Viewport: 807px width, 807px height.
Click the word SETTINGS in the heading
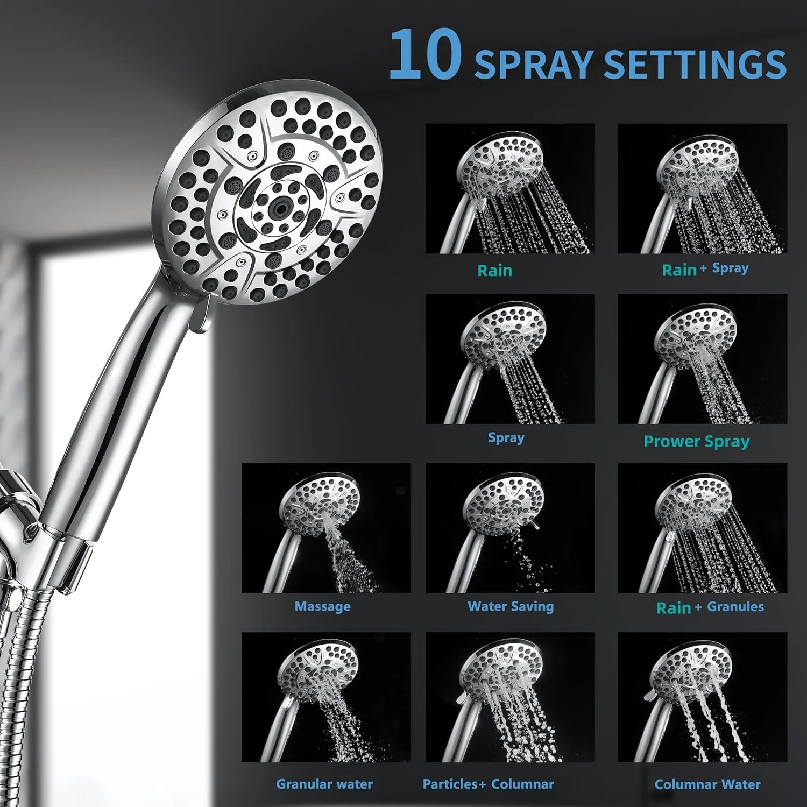pyautogui.click(x=695, y=65)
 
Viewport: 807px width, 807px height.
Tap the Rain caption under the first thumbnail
pyautogui.click(x=494, y=270)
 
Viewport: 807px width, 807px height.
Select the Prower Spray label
pyautogui.click(x=696, y=442)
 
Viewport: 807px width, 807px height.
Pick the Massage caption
pyautogui.click(x=322, y=606)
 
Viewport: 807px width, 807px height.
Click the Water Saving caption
pyautogui.click(x=511, y=606)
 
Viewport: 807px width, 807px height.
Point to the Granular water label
pyautogui.click(x=324, y=784)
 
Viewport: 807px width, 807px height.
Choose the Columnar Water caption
pyautogui.click(x=707, y=784)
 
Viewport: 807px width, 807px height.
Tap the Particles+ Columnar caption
pyautogui.click(x=488, y=784)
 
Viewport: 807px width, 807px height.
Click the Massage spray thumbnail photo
pyautogui.click(x=326, y=528)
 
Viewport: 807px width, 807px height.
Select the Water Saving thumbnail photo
pyautogui.click(x=510, y=528)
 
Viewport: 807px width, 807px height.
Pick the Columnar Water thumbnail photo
pyautogui.click(x=702, y=697)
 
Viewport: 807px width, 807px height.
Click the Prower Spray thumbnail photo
pyautogui.click(x=702, y=358)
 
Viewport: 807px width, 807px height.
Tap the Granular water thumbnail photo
pyautogui.click(x=326, y=697)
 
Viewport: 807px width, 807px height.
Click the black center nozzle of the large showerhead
pyautogui.click(x=278, y=207)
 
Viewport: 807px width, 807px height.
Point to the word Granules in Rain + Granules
pyautogui.click(x=735, y=606)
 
